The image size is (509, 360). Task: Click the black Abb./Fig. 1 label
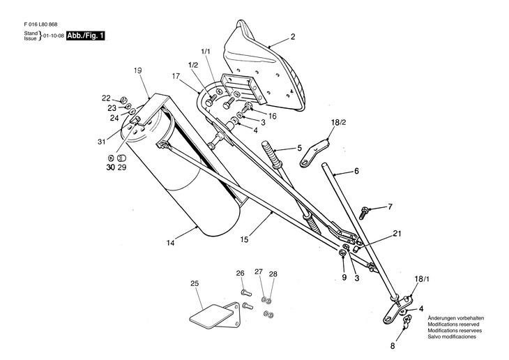point(86,35)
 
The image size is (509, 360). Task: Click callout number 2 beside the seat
point(293,36)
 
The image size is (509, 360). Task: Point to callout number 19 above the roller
point(137,70)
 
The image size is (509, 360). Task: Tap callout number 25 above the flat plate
point(195,283)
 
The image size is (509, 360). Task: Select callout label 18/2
point(337,122)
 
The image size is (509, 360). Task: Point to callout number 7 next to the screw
point(390,207)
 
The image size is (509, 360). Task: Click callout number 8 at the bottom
point(392,345)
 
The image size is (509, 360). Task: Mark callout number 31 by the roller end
point(102,142)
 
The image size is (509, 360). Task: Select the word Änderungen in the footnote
point(443,317)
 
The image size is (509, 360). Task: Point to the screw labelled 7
point(365,209)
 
